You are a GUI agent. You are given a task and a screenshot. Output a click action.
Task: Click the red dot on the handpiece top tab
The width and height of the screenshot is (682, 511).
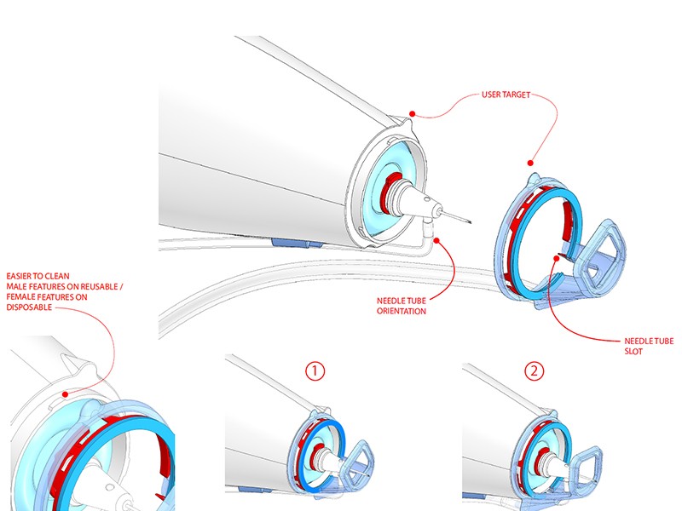[x=411, y=112]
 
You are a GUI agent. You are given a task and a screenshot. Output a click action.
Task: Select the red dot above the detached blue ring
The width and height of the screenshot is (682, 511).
[x=531, y=162]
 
